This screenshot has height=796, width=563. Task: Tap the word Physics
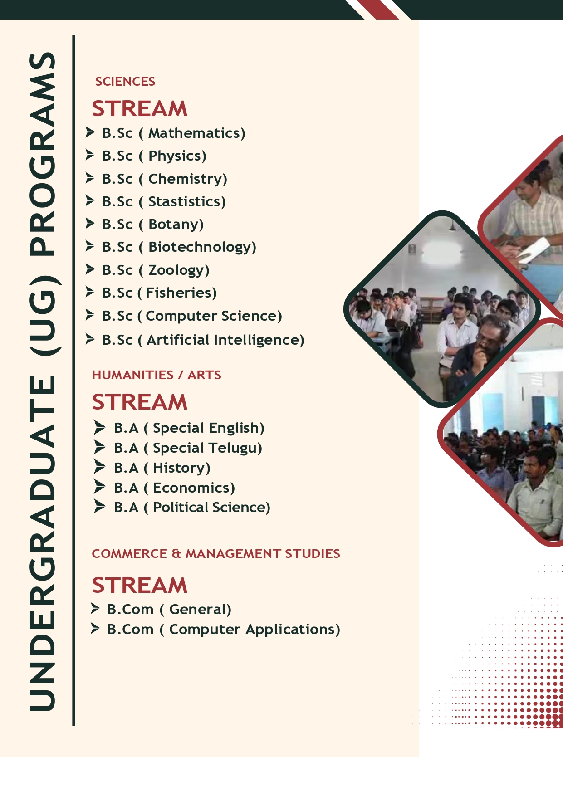coord(175,156)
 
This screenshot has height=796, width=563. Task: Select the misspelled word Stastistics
coord(185,201)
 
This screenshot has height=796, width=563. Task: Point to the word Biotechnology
coord(200,247)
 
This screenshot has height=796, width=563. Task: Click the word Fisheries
coord(179,293)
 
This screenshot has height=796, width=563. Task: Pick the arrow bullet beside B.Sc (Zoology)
coord(90,269)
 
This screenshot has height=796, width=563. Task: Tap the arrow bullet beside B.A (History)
coord(99,466)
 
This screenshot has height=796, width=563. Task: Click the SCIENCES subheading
coord(125,82)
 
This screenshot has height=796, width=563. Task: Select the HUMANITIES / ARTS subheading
coord(157,375)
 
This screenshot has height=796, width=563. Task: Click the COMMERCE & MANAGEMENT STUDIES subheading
coord(216,554)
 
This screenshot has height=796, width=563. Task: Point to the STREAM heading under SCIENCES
coord(140,109)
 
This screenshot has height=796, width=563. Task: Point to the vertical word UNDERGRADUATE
coord(43,542)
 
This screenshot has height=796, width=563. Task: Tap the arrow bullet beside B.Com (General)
coord(95,608)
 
